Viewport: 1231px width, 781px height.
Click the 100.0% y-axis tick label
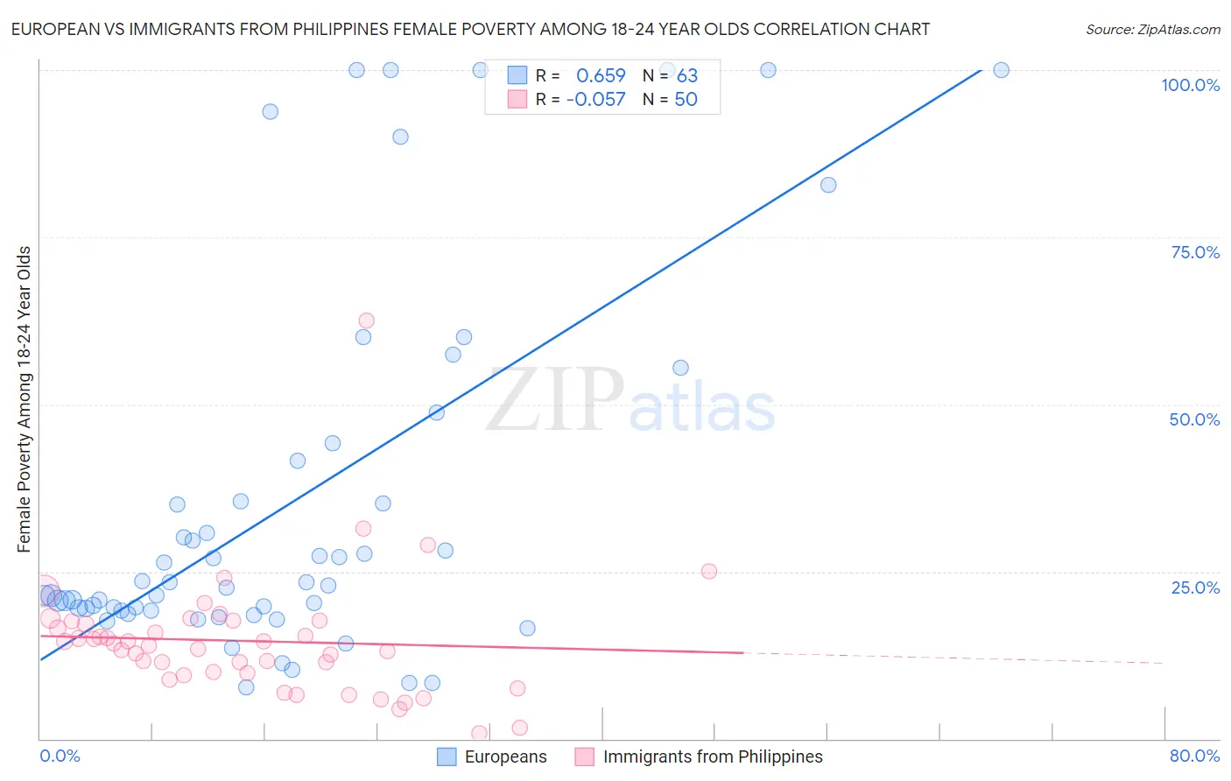1190,85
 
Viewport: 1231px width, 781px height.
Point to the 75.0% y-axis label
1195,252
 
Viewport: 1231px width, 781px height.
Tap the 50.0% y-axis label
1194,419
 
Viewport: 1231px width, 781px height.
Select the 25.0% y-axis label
1195,588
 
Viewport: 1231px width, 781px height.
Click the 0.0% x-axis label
60,756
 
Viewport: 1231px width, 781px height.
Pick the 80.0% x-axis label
1194,756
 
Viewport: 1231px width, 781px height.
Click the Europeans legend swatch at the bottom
447,756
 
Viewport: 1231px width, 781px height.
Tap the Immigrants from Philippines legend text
713,756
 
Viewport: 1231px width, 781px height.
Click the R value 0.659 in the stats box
601,75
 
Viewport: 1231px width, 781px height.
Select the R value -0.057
596,99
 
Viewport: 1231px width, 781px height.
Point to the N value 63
686,75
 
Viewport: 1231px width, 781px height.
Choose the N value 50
686,99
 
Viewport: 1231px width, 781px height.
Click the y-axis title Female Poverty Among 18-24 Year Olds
25,399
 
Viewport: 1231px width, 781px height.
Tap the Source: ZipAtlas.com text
1152,29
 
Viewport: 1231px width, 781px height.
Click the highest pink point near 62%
366,320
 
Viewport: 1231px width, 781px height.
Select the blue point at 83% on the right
828,185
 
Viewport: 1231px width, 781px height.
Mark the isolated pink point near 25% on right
709,571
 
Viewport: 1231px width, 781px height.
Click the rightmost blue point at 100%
1002,70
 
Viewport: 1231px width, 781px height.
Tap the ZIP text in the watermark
554,401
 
